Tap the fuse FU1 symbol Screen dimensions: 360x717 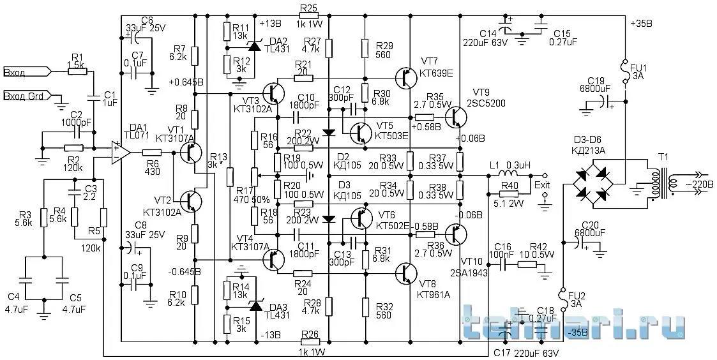pyautogui.click(x=624, y=66)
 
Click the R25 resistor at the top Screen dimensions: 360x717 pyautogui.click(x=308, y=17)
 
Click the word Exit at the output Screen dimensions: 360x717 pyautogui.click(x=542, y=185)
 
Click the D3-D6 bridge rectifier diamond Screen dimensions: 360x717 pyautogui.click(x=591, y=181)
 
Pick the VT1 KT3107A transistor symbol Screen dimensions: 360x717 pyautogui.click(x=189, y=153)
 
